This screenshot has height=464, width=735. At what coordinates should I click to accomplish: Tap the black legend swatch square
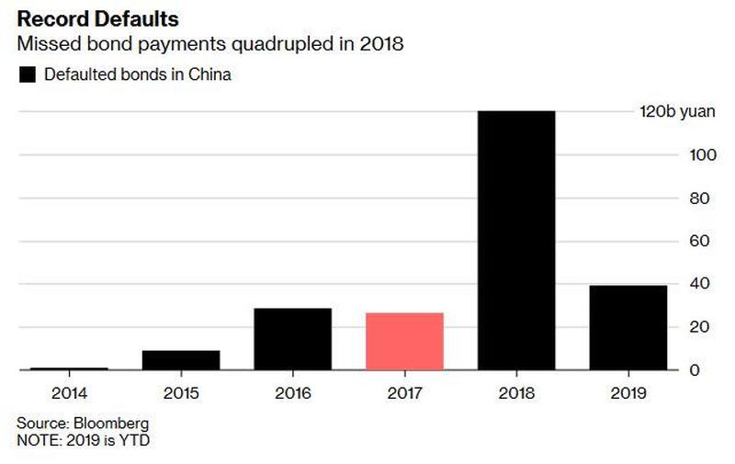tap(27, 75)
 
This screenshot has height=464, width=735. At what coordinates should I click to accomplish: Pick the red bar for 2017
tap(404, 342)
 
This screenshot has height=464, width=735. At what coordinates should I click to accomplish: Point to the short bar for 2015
tap(181, 360)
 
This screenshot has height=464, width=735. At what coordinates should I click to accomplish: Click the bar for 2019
tap(628, 328)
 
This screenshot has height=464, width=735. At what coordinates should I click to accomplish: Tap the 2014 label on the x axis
tap(69, 392)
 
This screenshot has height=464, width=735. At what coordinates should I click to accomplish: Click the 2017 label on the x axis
tap(404, 392)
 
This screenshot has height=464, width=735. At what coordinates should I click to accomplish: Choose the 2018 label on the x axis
tap(516, 392)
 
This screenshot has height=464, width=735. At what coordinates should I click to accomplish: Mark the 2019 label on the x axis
tap(628, 392)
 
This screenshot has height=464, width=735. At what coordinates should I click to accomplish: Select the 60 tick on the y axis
tap(698, 241)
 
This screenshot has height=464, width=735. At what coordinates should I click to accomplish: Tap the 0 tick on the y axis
tap(695, 370)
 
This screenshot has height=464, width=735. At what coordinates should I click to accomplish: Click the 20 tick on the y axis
tap(698, 327)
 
